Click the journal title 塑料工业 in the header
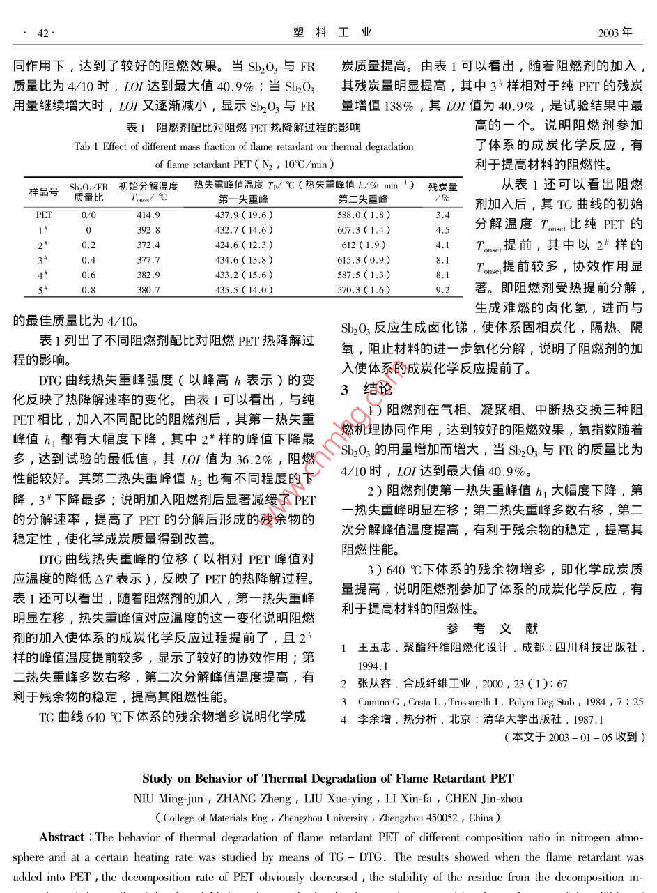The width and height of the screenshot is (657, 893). [x=332, y=32]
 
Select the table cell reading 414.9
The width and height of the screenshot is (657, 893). [x=148, y=215]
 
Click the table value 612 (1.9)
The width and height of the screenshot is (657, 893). [x=364, y=245]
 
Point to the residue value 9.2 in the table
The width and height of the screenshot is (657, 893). [x=443, y=290]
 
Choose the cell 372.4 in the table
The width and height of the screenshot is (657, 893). [x=148, y=245]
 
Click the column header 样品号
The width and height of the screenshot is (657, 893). [x=43, y=192]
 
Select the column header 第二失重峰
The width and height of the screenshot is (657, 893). [x=364, y=199]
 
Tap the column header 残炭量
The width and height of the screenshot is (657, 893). [x=443, y=187]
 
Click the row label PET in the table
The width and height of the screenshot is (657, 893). [x=43, y=215]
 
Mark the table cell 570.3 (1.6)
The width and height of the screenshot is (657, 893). [x=364, y=290]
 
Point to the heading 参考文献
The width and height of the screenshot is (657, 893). [x=493, y=628]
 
